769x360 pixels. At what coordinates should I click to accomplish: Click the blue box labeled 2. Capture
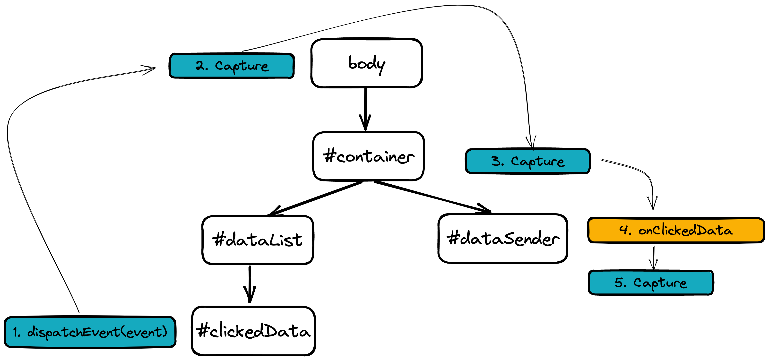click(x=231, y=66)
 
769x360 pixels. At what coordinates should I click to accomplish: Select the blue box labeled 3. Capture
click(x=527, y=161)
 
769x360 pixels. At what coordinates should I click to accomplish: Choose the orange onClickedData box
click(x=676, y=230)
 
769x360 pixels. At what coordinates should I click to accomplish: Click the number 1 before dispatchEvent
click(x=16, y=332)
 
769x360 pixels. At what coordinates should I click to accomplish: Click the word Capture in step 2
click(x=242, y=66)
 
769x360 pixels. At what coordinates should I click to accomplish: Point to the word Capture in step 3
click(x=538, y=162)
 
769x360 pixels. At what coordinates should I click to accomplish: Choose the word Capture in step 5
click(x=660, y=283)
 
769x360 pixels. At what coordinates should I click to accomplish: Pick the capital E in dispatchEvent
click(x=87, y=332)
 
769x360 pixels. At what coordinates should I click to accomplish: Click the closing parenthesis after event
click(x=164, y=332)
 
